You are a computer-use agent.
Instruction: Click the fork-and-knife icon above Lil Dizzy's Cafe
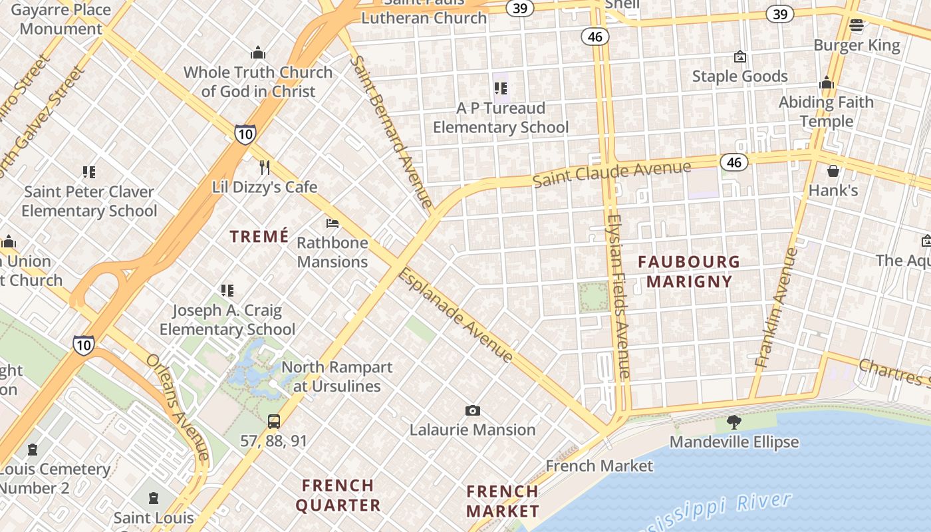(265, 166)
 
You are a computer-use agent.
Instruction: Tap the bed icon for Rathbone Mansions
(332, 223)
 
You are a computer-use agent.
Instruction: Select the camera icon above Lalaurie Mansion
(473, 410)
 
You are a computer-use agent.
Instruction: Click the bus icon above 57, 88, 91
(274, 421)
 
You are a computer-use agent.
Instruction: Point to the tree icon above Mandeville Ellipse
(734, 422)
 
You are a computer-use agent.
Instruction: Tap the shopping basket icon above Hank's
(833, 171)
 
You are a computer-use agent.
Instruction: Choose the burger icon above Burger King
(857, 26)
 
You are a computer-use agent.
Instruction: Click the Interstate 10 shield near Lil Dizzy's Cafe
(245, 134)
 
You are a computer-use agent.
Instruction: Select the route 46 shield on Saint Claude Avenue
(733, 162)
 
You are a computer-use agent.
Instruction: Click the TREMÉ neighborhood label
(259, 236)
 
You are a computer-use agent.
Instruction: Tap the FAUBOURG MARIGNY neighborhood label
(689, 271)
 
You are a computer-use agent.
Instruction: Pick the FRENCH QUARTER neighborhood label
(338, 495)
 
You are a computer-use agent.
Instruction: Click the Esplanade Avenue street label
(456, 315)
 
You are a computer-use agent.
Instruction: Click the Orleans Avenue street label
(178, 406)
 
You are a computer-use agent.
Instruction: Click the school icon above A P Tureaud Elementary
(501, 88)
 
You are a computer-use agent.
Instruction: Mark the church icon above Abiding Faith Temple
(827, 82)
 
